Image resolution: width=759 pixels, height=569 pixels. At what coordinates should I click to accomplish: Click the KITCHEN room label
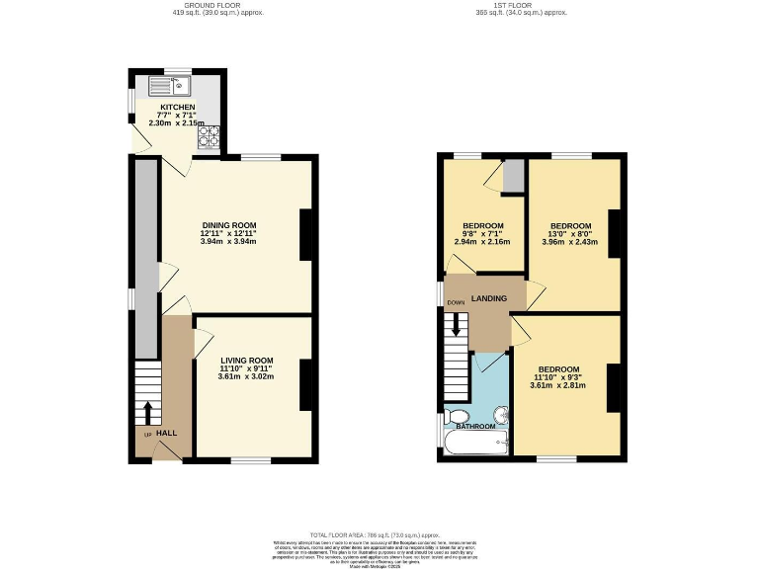pyautogui.click(x=178, y=106)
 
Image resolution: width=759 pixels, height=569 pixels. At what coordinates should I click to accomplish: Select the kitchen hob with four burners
pyautogui.click(x=209, y=136)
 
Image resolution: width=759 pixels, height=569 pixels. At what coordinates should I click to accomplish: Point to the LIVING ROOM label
pyautogui.click(x=246, y=361)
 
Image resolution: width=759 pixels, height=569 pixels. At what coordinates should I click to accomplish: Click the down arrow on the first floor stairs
pyautogui.click(x=456, y=323)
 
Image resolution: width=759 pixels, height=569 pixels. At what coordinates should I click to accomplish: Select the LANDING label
pyautogui.click(x=489, y=299)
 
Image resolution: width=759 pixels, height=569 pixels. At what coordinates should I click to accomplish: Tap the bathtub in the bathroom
pyautogui.click(x=474, y=443)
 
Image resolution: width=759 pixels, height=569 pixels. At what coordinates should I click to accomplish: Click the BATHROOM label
pyautogui.click(x=475, y=427)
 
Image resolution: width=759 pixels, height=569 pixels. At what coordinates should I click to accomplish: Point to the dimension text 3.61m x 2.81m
pyautogui.click(x=557, y=385)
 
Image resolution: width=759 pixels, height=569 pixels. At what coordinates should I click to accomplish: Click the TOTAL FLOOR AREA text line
pyautogui.click(x=379, y=532)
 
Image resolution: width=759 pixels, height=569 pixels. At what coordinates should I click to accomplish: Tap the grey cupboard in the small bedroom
pyautogui.click(x=512, y=175)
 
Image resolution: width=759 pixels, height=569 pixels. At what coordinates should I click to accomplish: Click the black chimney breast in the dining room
pyautogui.click(x=306, y=234)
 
